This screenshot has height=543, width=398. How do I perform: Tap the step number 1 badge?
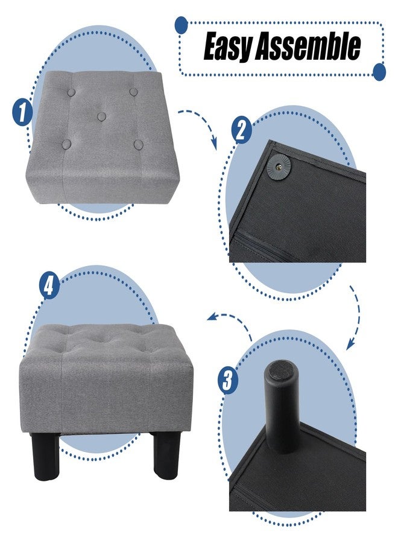(22, 112)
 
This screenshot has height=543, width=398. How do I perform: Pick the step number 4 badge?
(49, 285)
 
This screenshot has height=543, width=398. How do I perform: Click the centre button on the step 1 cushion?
(101, 116)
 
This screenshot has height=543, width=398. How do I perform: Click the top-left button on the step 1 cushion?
(72, 92)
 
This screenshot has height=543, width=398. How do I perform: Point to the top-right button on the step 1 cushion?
(134, 92)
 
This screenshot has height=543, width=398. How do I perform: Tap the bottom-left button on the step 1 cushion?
(67, 144)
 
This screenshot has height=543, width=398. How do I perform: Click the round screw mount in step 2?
(280, 167)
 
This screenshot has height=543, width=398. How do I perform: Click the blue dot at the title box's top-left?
(181, 25)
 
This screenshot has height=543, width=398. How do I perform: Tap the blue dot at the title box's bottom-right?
(379, 72)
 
